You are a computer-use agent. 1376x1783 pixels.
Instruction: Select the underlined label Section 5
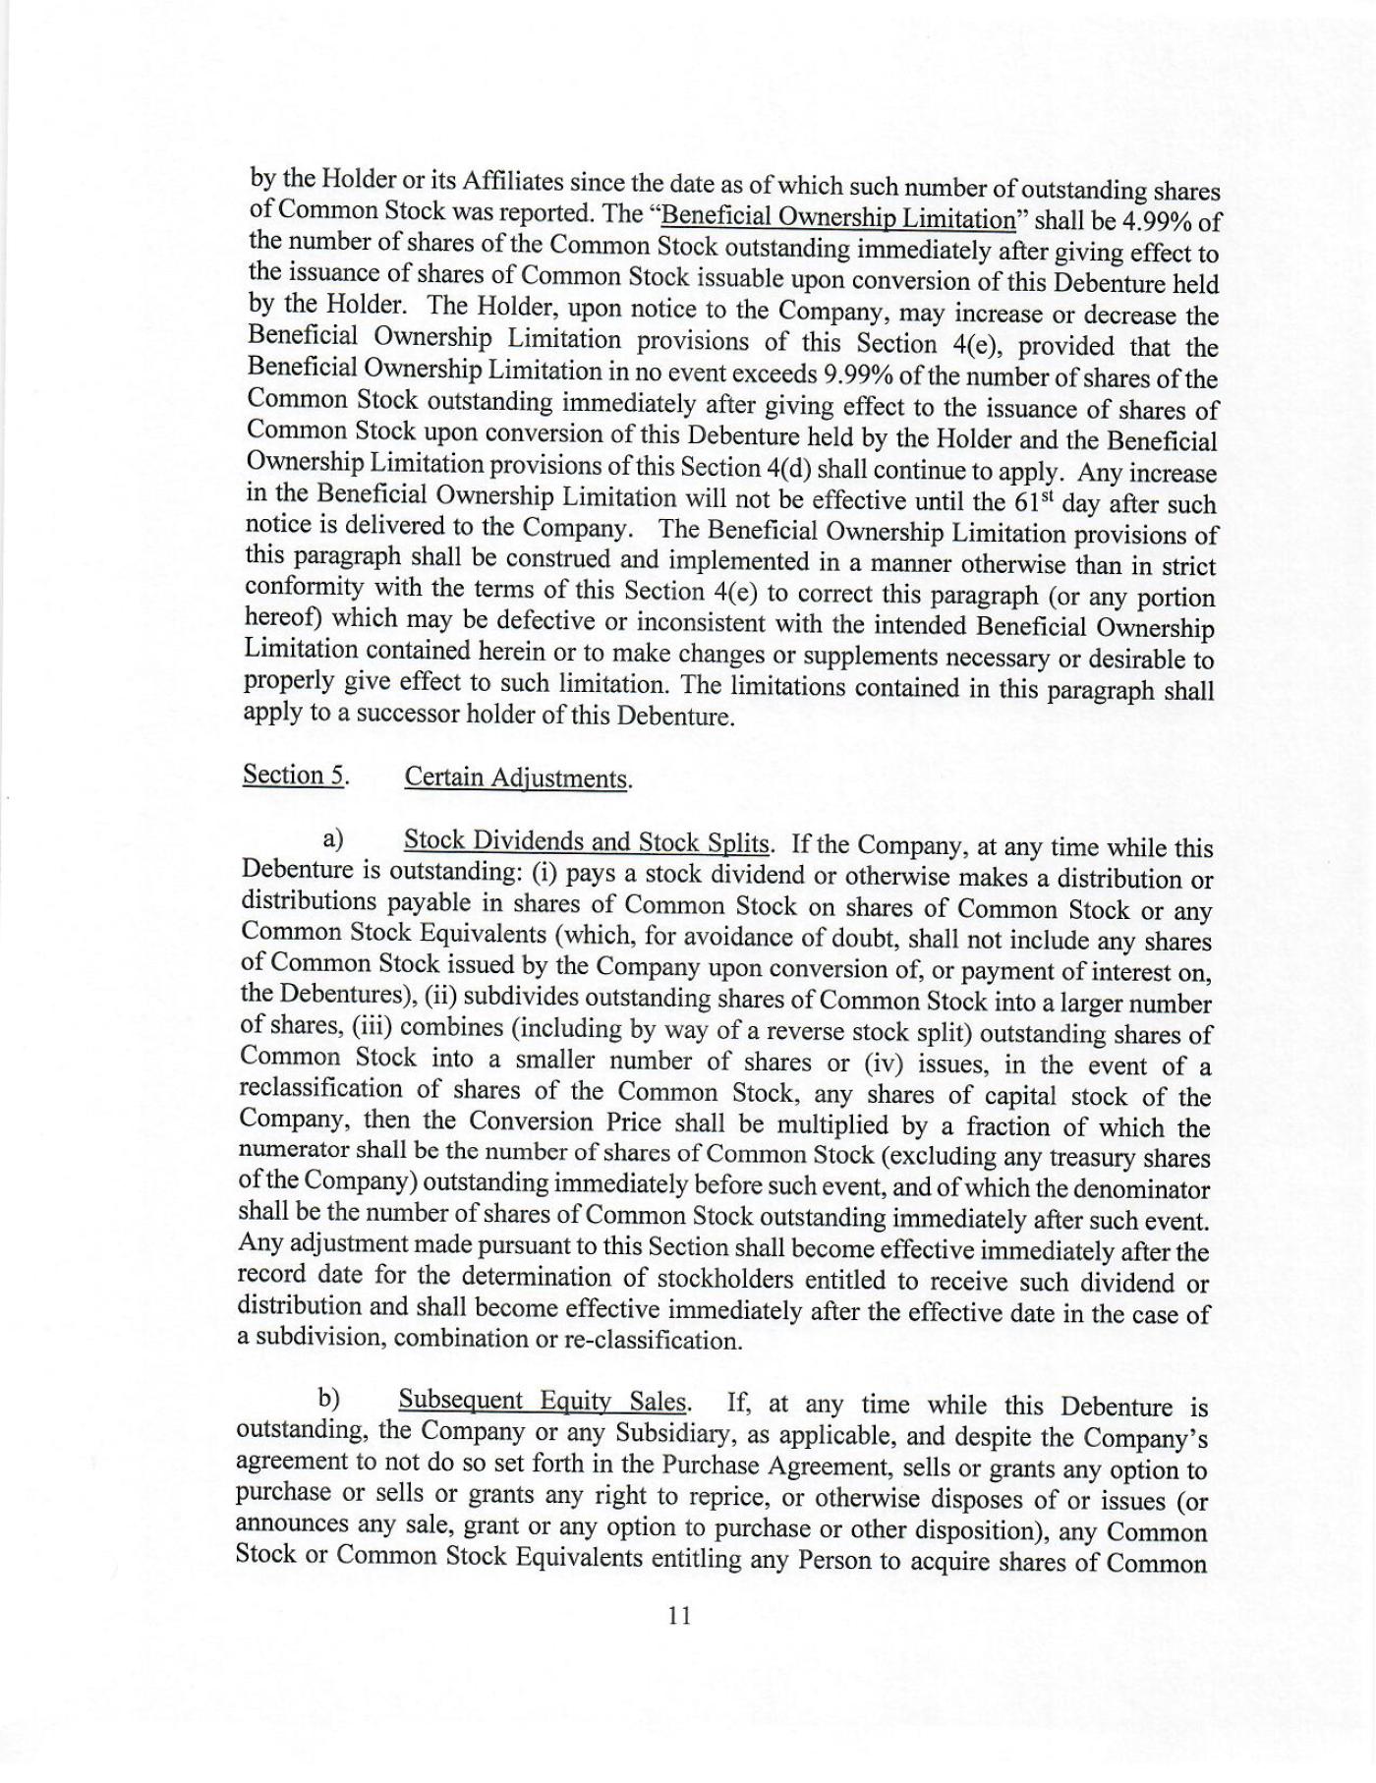[x=295, y=775]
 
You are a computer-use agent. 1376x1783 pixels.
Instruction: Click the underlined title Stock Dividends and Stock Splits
[x=588, y=841]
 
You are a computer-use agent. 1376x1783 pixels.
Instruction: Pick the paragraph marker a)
[x=332, y=838]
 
